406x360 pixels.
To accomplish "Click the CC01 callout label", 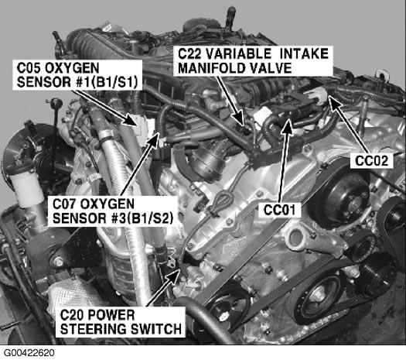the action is click(x=279, y=210).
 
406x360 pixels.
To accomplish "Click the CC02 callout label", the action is click(x=371, y=161).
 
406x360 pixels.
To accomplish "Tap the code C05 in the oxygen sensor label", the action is click(x=29, y=68).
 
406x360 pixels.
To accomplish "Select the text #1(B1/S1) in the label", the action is click(x=104, y=82).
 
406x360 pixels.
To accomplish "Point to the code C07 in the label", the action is click(x=64, y=204).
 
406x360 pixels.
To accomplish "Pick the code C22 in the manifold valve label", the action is click(x=189, y=54).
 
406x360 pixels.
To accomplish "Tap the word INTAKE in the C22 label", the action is click(x=304, y=54).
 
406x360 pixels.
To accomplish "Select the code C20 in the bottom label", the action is click(x=72, y=315).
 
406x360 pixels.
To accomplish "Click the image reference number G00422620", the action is click(x=29, y=353).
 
